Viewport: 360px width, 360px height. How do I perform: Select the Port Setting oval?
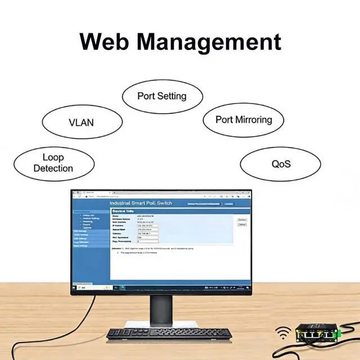point(161,96)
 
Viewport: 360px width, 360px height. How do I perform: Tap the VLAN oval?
point(81,122)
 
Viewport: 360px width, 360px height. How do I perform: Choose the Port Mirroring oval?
point(244,119)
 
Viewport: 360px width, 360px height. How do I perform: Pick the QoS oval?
point(281,164)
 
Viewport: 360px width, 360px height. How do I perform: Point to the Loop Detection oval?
point(53,163)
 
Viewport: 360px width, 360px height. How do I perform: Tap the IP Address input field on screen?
point(148,226)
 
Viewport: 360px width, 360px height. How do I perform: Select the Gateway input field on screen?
point(148,233)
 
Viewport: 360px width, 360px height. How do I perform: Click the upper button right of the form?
point(242,219)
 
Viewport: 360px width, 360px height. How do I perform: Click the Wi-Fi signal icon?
point(283,334)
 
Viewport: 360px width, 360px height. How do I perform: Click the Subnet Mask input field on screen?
point(148,229)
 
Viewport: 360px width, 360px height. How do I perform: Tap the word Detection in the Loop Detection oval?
point(53,168)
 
